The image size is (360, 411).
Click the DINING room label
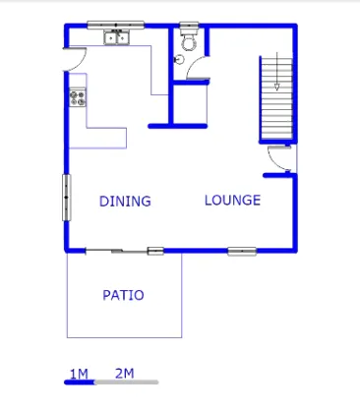125,201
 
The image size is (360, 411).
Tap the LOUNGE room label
233,200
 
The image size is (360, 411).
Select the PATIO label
123,295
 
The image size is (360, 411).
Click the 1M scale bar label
79,374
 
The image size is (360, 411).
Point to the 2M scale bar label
125,373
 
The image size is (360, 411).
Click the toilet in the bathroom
189,39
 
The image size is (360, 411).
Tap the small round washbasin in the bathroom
179,59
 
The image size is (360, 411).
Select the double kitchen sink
117,37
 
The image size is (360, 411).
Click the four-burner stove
78,97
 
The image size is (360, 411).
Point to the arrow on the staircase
277,71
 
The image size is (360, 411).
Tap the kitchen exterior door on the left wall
76,59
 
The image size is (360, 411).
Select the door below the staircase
279,159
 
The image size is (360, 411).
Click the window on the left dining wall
66,198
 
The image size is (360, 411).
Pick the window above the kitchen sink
115,25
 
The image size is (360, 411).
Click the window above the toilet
189,25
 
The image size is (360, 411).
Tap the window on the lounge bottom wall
242,251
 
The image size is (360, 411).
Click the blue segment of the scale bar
80,382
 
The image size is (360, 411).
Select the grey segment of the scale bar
127,382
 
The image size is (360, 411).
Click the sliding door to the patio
116,251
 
